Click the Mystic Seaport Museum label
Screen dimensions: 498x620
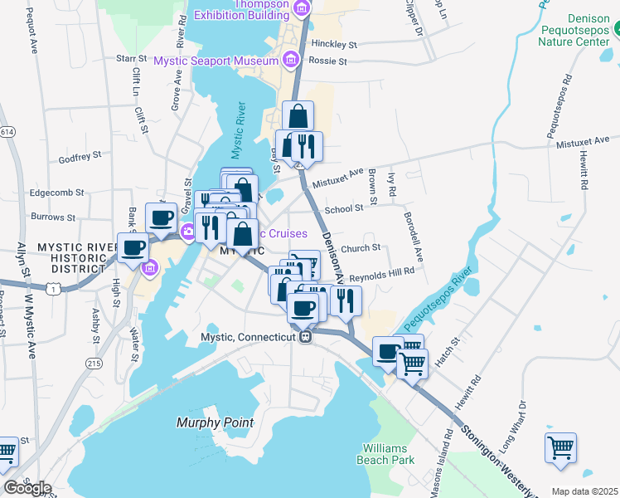click(216, 61)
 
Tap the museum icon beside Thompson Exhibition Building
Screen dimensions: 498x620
click(301, 9)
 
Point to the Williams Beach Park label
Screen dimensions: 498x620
click(385, 454)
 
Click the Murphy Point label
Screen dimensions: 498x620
click(215, 422)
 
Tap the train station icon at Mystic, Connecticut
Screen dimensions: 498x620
click(306, 337)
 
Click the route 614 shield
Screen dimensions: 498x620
click(7, 132)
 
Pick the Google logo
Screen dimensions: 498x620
click(27, 487)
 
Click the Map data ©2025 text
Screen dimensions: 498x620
click(584, 491)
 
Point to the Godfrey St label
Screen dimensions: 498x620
click(80, 155)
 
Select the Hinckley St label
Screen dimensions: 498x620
click(334, 45)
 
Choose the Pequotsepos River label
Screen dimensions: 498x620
click(430, 300)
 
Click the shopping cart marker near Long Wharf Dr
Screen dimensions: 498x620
click(560, 447)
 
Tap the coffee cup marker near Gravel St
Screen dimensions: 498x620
click(161, 217)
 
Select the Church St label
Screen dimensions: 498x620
click(360, 247)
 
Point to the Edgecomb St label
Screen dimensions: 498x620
click(57, 192)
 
